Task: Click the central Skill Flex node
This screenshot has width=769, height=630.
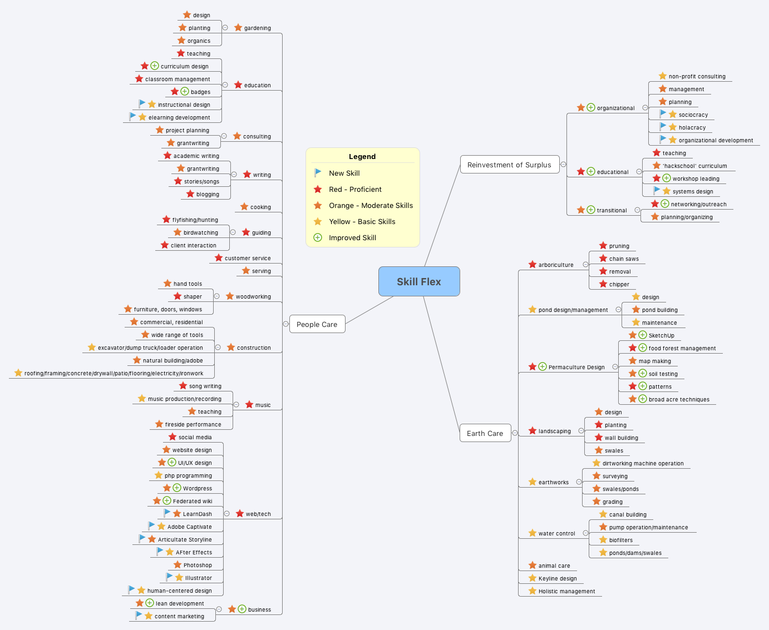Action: coord(419,281)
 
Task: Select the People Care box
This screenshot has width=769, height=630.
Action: coord(317,324)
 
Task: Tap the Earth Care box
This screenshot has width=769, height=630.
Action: coord(485,433)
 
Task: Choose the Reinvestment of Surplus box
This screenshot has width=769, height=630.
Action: coord(509,165)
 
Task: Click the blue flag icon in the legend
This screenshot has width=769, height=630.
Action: coord(318,173)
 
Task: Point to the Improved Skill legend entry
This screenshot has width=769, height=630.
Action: coord(352,237)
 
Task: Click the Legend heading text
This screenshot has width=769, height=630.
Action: coord(362,156)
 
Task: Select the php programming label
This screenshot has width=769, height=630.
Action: coord(188,475)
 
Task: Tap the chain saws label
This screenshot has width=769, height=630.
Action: coord(624,259)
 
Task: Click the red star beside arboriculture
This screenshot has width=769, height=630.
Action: coord(533,265)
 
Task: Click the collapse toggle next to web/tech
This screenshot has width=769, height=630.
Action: coord(227,513)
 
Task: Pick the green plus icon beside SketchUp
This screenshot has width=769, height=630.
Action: coord(643,335)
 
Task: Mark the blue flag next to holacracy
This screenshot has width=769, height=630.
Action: coord(663,126)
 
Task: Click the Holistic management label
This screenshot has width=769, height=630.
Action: coord(566,591)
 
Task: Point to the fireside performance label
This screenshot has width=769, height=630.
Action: coord(193,424)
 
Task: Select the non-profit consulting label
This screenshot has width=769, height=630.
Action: coord(697,76)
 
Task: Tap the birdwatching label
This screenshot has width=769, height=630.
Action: coord(201,232)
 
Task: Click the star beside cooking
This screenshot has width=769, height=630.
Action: coord(244,206)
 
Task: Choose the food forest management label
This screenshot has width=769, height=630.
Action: coord(682,348)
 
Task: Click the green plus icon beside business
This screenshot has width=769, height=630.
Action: coord(242,609)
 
